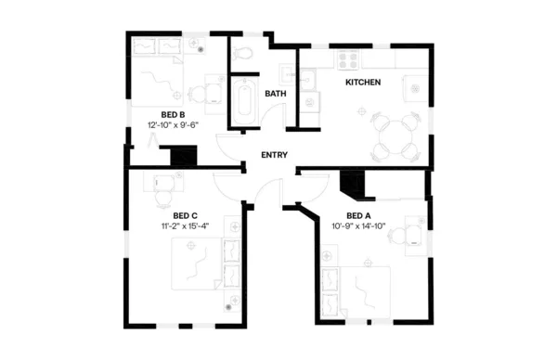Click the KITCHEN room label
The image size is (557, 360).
(363, 83)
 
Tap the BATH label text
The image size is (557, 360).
(275, 94)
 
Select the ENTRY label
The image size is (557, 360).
(274, 155)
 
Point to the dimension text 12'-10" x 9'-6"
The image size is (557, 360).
(174, 124)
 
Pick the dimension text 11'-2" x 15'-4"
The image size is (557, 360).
(187, 225)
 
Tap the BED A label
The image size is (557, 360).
(358, 215)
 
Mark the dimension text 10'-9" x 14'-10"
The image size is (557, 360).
(358, 225)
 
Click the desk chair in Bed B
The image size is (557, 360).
(197, 94)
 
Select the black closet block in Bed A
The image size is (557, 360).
(353, 185)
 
